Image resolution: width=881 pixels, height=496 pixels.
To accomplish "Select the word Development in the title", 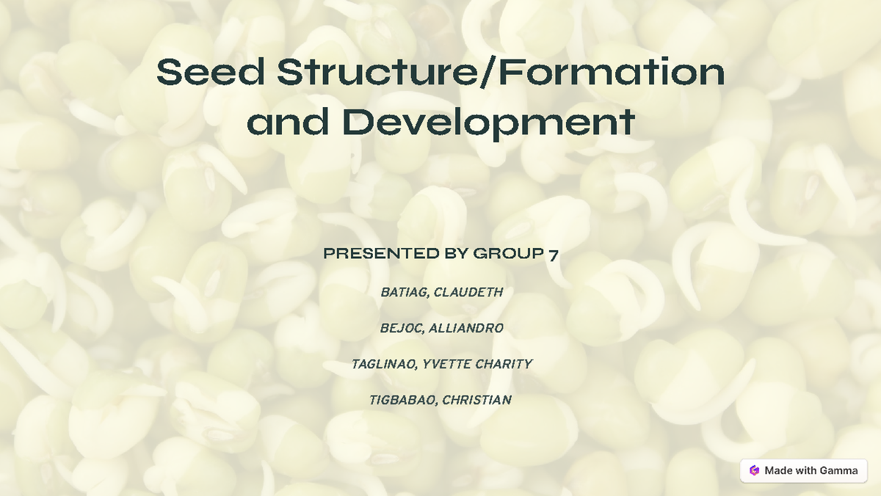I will (x=489, y=123).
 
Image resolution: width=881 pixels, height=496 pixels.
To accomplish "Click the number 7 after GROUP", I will (x=553, y=255).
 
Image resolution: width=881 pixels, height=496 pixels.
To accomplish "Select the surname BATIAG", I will (x=404, y=292).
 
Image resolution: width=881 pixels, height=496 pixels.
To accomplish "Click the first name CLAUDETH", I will (x=468, y=292).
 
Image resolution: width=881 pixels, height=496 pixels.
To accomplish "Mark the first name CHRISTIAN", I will (x=476, y=400).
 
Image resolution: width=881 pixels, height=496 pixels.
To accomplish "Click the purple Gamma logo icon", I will (x=754, y=470).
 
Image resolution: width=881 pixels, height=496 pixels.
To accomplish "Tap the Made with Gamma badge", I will (x=803, y=470).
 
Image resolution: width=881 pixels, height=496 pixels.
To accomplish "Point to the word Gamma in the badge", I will (x=839, y=470).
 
